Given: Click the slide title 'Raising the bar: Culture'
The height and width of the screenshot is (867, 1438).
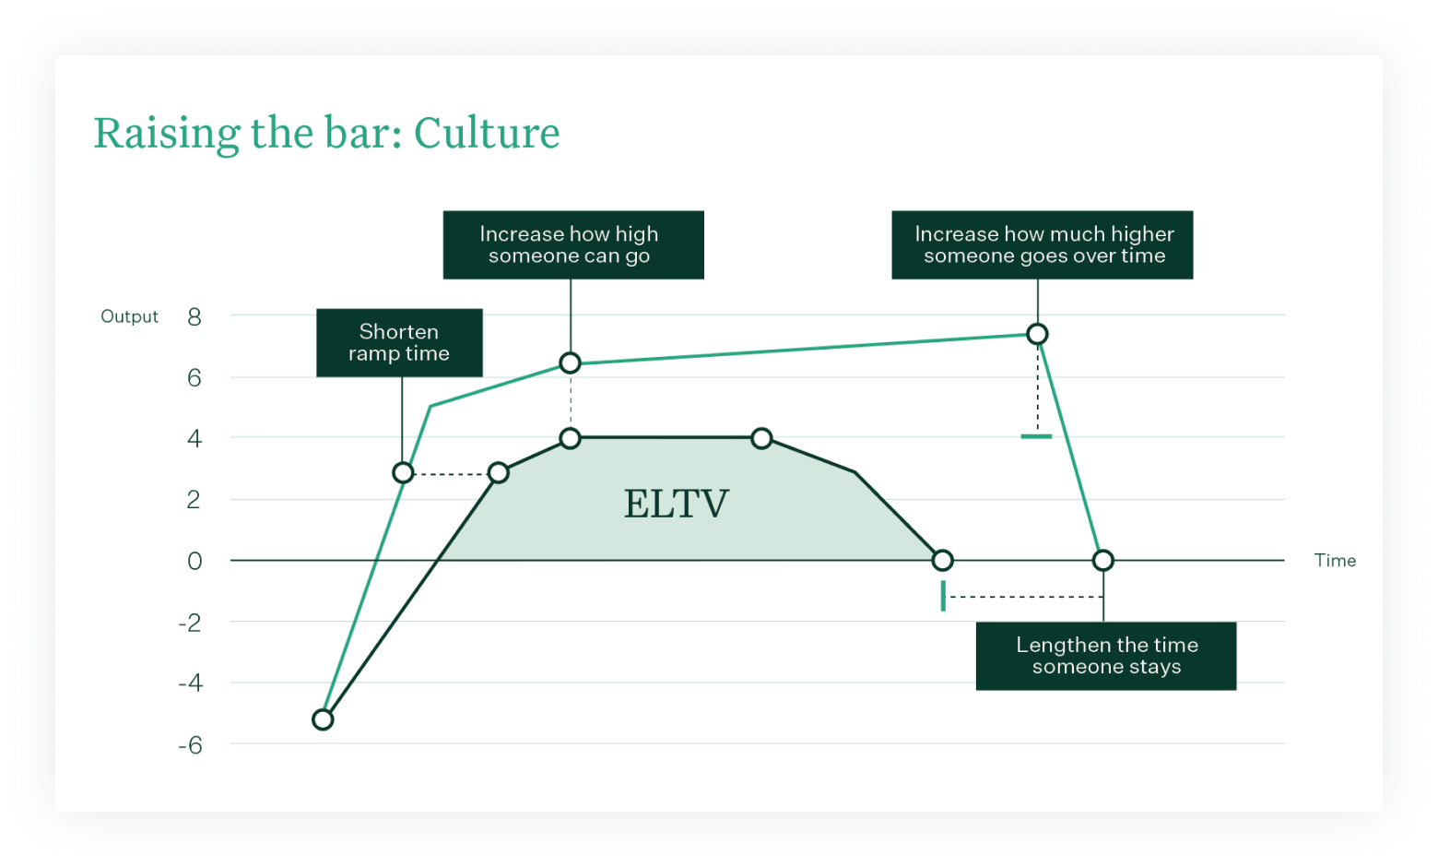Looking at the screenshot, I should tap(326, 134).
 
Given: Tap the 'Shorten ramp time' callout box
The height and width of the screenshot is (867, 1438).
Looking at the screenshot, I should tap(399, 342).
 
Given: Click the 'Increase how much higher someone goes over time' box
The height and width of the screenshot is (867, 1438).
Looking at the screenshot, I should tap(1042, 245).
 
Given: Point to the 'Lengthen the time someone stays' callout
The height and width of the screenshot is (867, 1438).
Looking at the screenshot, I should tap(1105, 656).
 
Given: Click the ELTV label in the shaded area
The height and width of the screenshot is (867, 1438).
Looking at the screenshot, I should tap(676, 505).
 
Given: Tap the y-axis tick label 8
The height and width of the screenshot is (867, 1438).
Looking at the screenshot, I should tap(194, 317).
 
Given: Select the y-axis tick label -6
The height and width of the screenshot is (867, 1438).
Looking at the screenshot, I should tap(190, 745).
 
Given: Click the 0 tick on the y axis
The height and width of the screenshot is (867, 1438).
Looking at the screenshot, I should tap(194, 561).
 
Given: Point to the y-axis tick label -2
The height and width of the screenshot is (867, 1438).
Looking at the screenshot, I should tap(190, 623).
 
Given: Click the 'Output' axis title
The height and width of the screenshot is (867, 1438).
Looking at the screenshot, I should tap(129, 316).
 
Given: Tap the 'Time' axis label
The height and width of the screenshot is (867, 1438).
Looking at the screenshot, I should tap(1335, 561).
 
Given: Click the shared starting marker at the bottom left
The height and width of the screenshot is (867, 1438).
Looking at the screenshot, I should tap(323, 719).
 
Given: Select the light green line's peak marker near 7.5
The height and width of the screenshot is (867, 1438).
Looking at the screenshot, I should tap(1037, 334).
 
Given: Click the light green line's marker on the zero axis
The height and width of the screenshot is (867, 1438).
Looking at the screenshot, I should tap(1103, 560).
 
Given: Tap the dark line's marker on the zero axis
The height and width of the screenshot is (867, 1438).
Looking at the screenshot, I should tap(942, 560).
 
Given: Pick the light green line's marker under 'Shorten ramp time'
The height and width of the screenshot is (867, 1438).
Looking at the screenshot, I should tap(403, 473).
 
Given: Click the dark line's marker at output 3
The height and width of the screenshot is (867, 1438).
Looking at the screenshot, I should tap(499, 473).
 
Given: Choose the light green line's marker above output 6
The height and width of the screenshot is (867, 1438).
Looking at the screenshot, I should tap(571, 363).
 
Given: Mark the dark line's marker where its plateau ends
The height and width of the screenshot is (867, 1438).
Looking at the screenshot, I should tap(761, 438).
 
